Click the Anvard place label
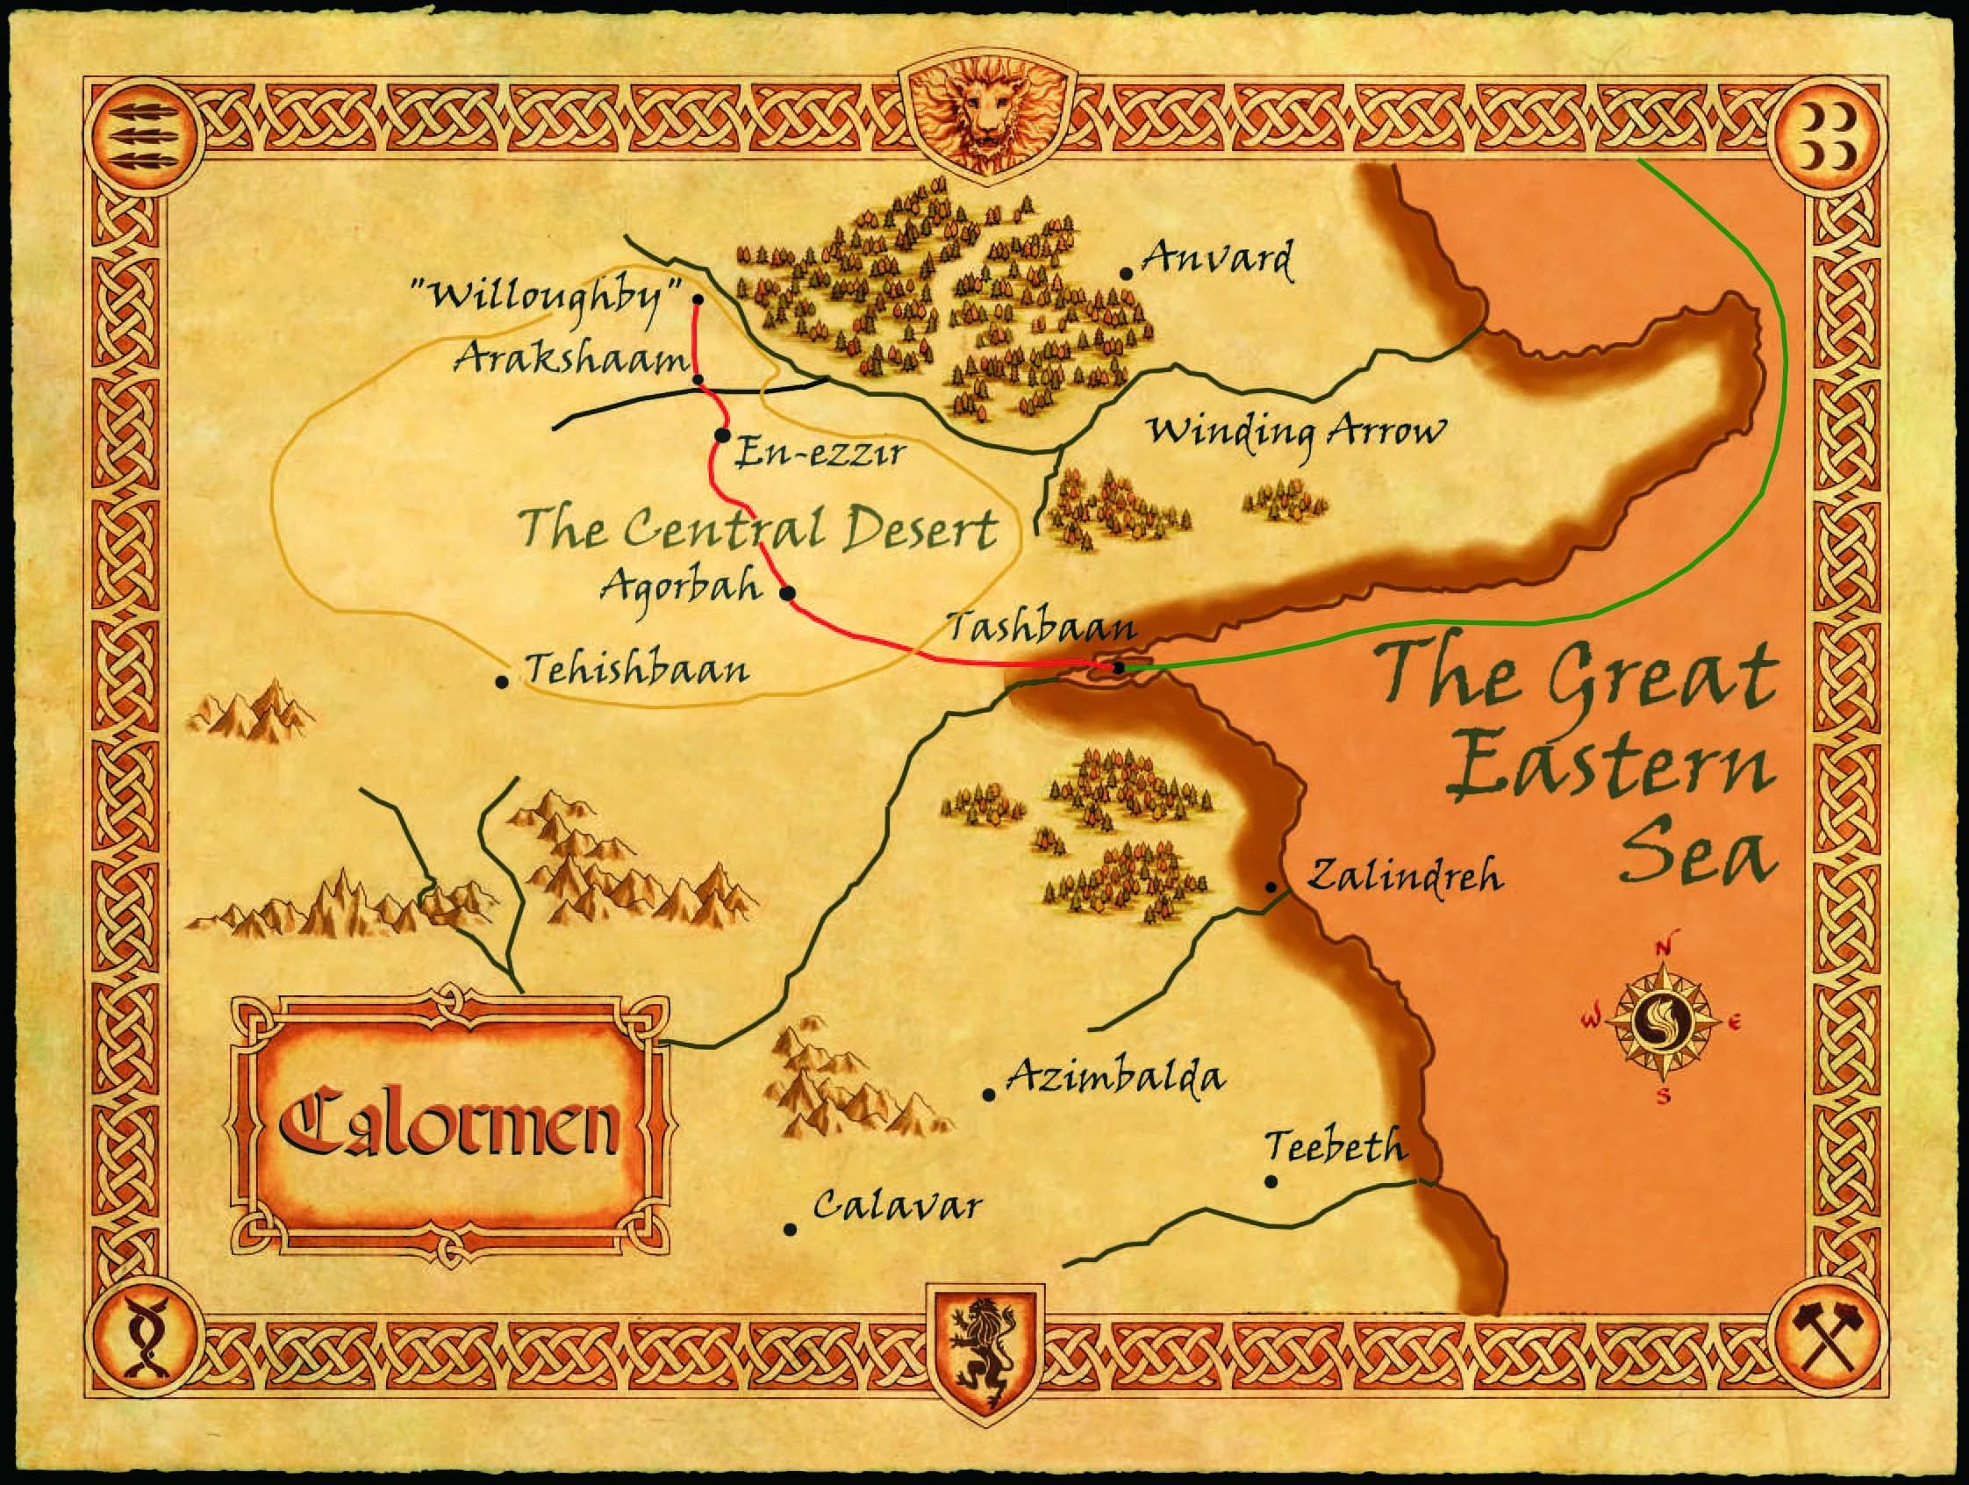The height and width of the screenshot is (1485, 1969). pos(1216,259)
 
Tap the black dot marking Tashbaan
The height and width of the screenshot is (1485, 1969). pos(1119,667)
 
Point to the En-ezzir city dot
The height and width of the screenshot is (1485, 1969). pos(722,435)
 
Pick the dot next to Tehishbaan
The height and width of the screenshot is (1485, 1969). pos(502,682)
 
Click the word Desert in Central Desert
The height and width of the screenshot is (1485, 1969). pos(920,531)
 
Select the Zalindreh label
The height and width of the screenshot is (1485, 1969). pos(1405,876)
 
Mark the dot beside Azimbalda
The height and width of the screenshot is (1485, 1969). pos(988,1095)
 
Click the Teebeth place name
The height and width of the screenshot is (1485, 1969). pos(1335,1148)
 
